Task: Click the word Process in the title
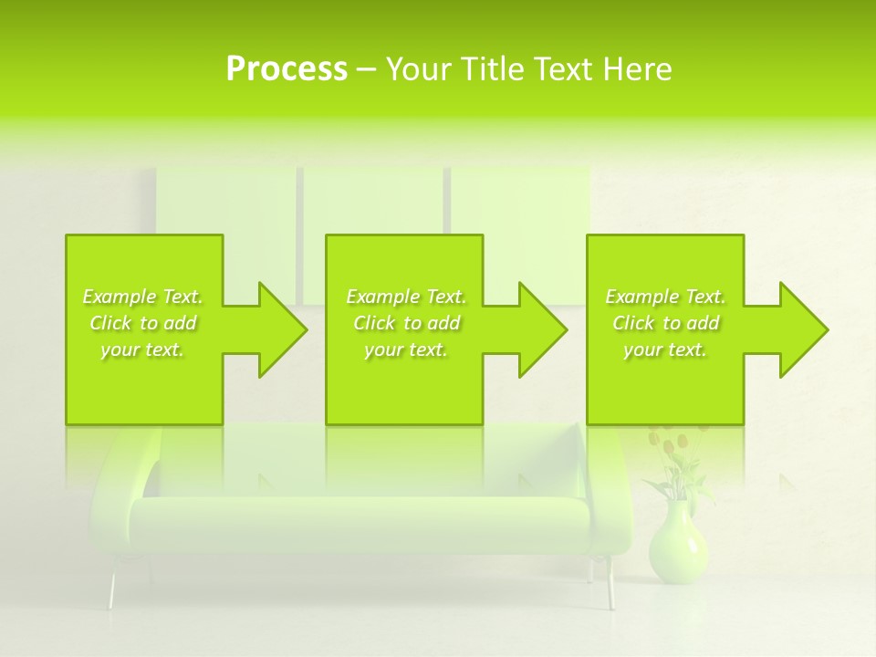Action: click(x=287, y=69)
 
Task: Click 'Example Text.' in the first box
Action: click(x=142, y=297)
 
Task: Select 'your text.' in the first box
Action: click(x=142, y=349)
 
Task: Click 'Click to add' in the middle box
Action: click(x=406, y=323)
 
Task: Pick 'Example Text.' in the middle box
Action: click(x=406, y=297)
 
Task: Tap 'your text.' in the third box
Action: click(x=665, y=349)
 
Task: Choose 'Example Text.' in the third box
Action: click(x=665, y=297)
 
